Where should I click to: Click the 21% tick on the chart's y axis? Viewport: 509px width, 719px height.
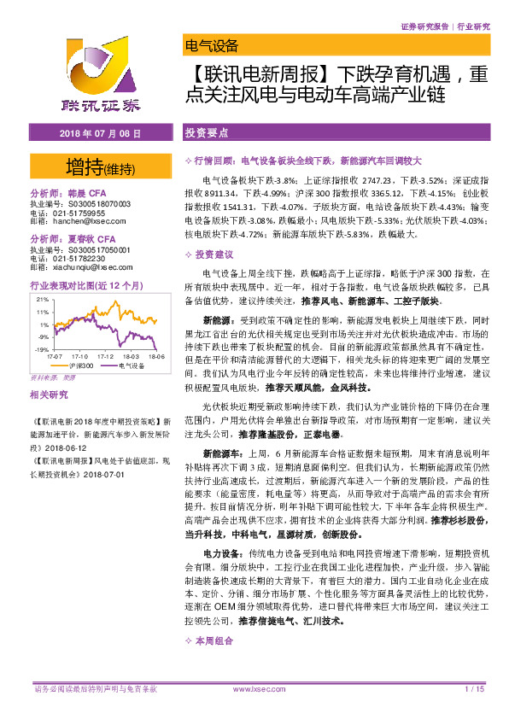tap(41, 300)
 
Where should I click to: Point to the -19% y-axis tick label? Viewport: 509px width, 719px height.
tap(40, 350)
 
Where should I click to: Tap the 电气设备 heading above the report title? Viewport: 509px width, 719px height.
tap(210, 46)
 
